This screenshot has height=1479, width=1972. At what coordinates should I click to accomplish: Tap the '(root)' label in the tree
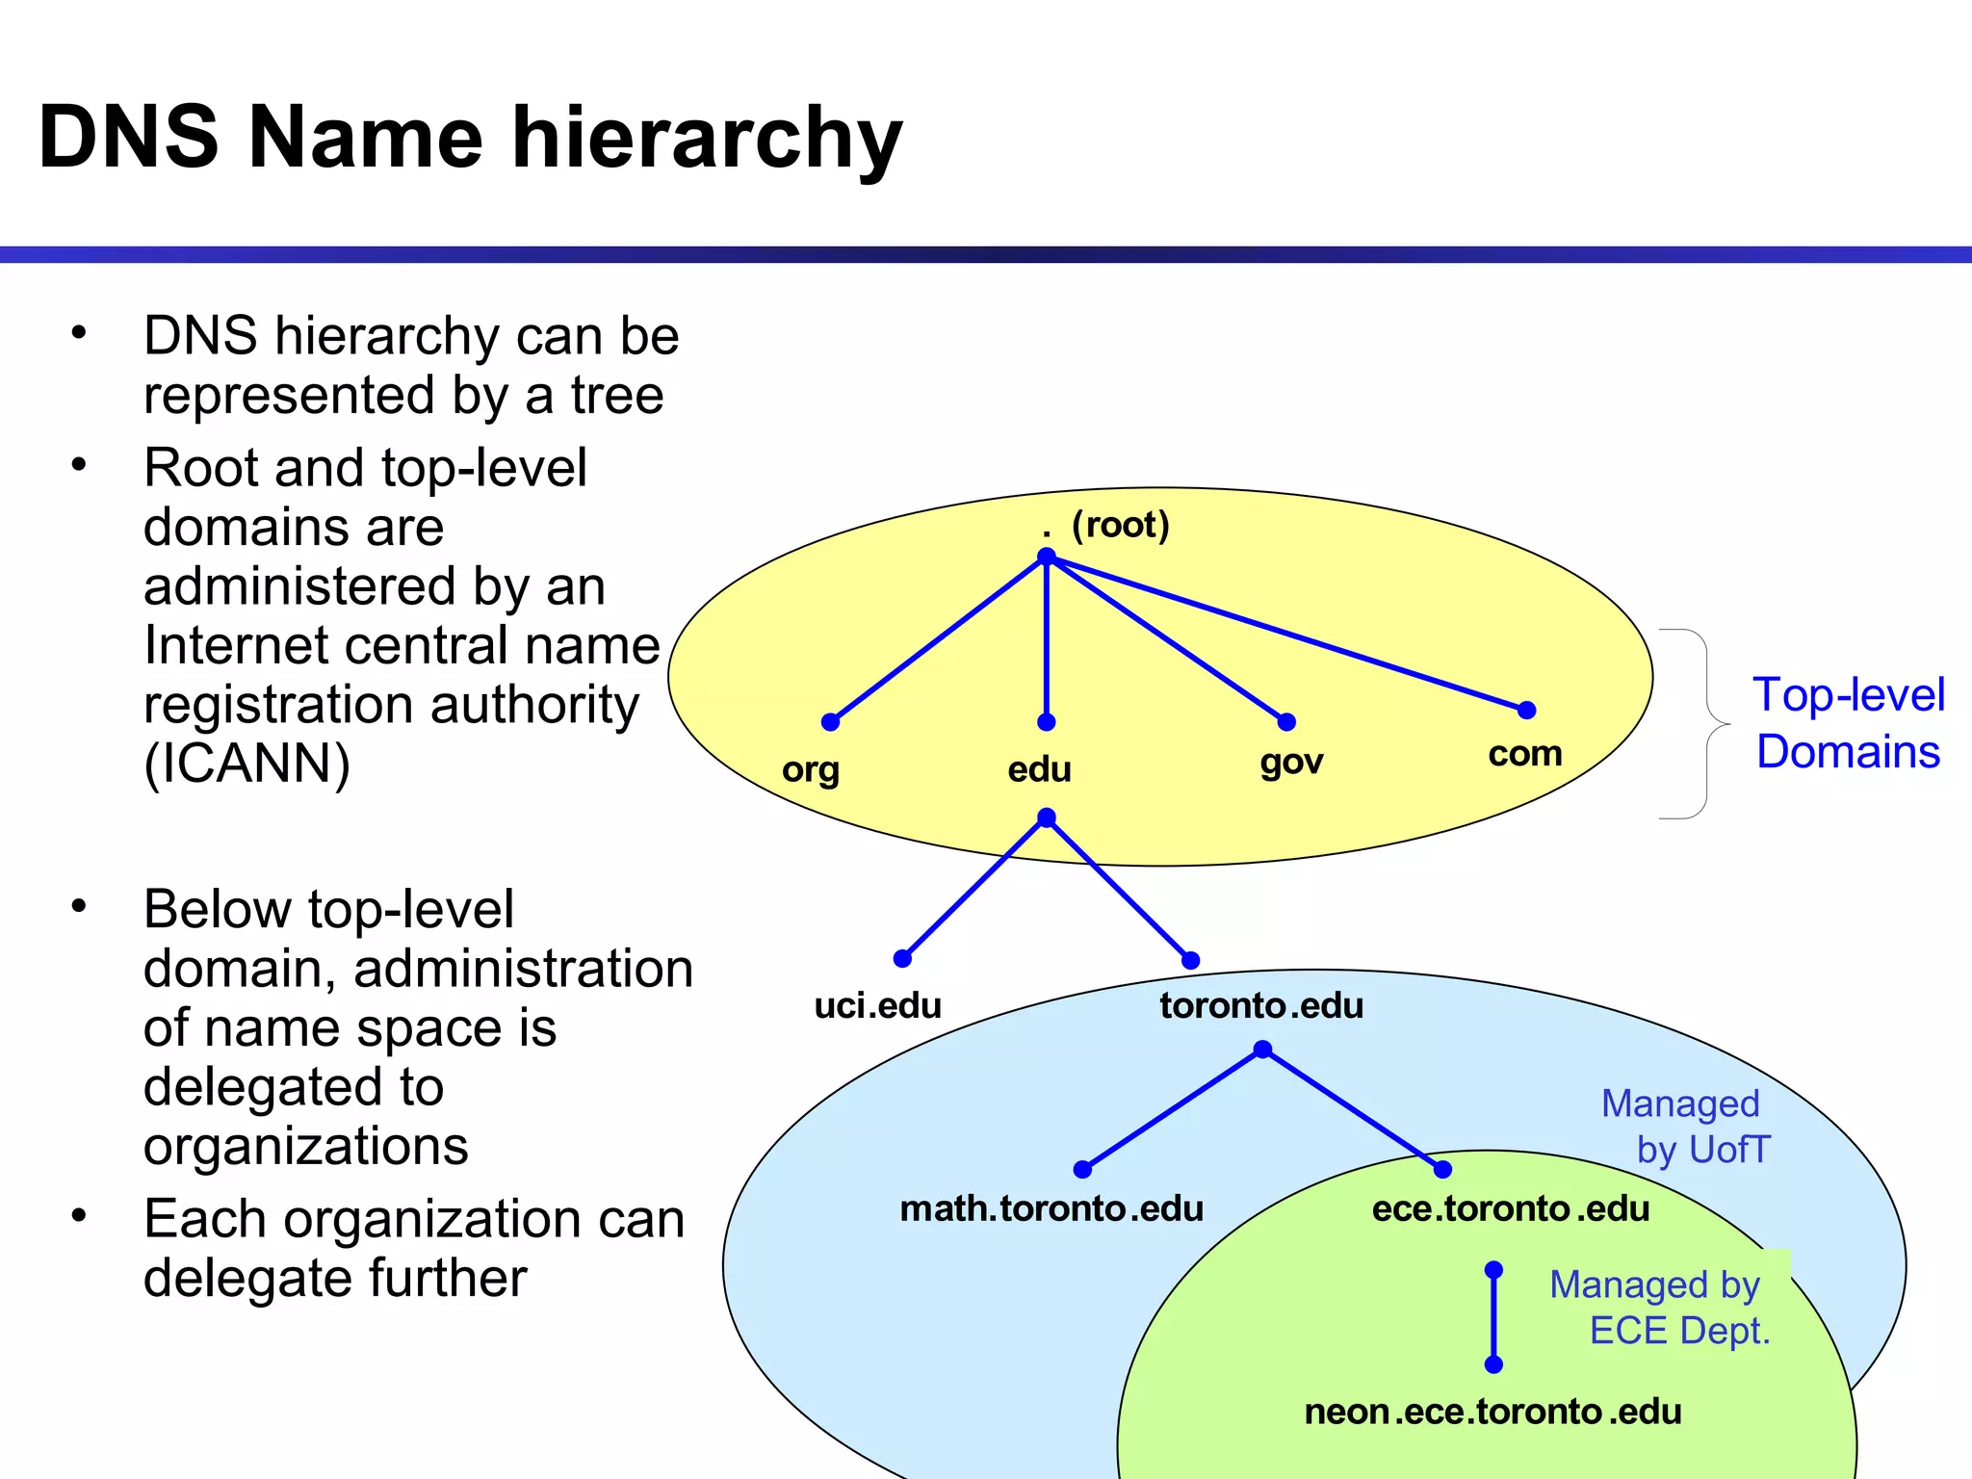tap(1120, 525)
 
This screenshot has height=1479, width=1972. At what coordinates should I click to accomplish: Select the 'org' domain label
tap(810, 769)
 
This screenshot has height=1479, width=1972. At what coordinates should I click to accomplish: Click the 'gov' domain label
tap(1291, 762)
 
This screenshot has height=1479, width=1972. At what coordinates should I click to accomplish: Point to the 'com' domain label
tap(1524, 753)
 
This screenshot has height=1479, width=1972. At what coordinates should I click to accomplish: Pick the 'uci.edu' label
tap(877, 1005)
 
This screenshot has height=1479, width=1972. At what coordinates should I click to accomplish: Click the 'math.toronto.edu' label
tap(1051, 1208)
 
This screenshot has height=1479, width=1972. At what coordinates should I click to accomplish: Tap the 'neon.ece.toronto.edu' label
tap(1492, 1412)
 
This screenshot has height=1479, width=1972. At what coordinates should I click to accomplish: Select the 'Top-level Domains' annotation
tap(1848, 722)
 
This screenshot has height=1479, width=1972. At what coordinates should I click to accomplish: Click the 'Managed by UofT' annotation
tap(1685, 1127)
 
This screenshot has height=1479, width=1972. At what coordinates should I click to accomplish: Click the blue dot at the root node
tap(1047, 558)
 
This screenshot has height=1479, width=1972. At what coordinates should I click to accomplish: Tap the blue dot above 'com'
tap(1526, 711)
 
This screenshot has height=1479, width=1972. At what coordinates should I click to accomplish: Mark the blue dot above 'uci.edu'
tap(902, 958)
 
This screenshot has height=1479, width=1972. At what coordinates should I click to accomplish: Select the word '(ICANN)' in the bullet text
tap(247, 764)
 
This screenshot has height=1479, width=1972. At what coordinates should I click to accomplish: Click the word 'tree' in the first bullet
tap(617, 395)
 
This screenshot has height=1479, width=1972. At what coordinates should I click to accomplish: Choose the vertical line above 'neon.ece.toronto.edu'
tap(1493, 1317)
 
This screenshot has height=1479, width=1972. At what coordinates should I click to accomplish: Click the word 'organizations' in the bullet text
tap(306, 1146)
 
